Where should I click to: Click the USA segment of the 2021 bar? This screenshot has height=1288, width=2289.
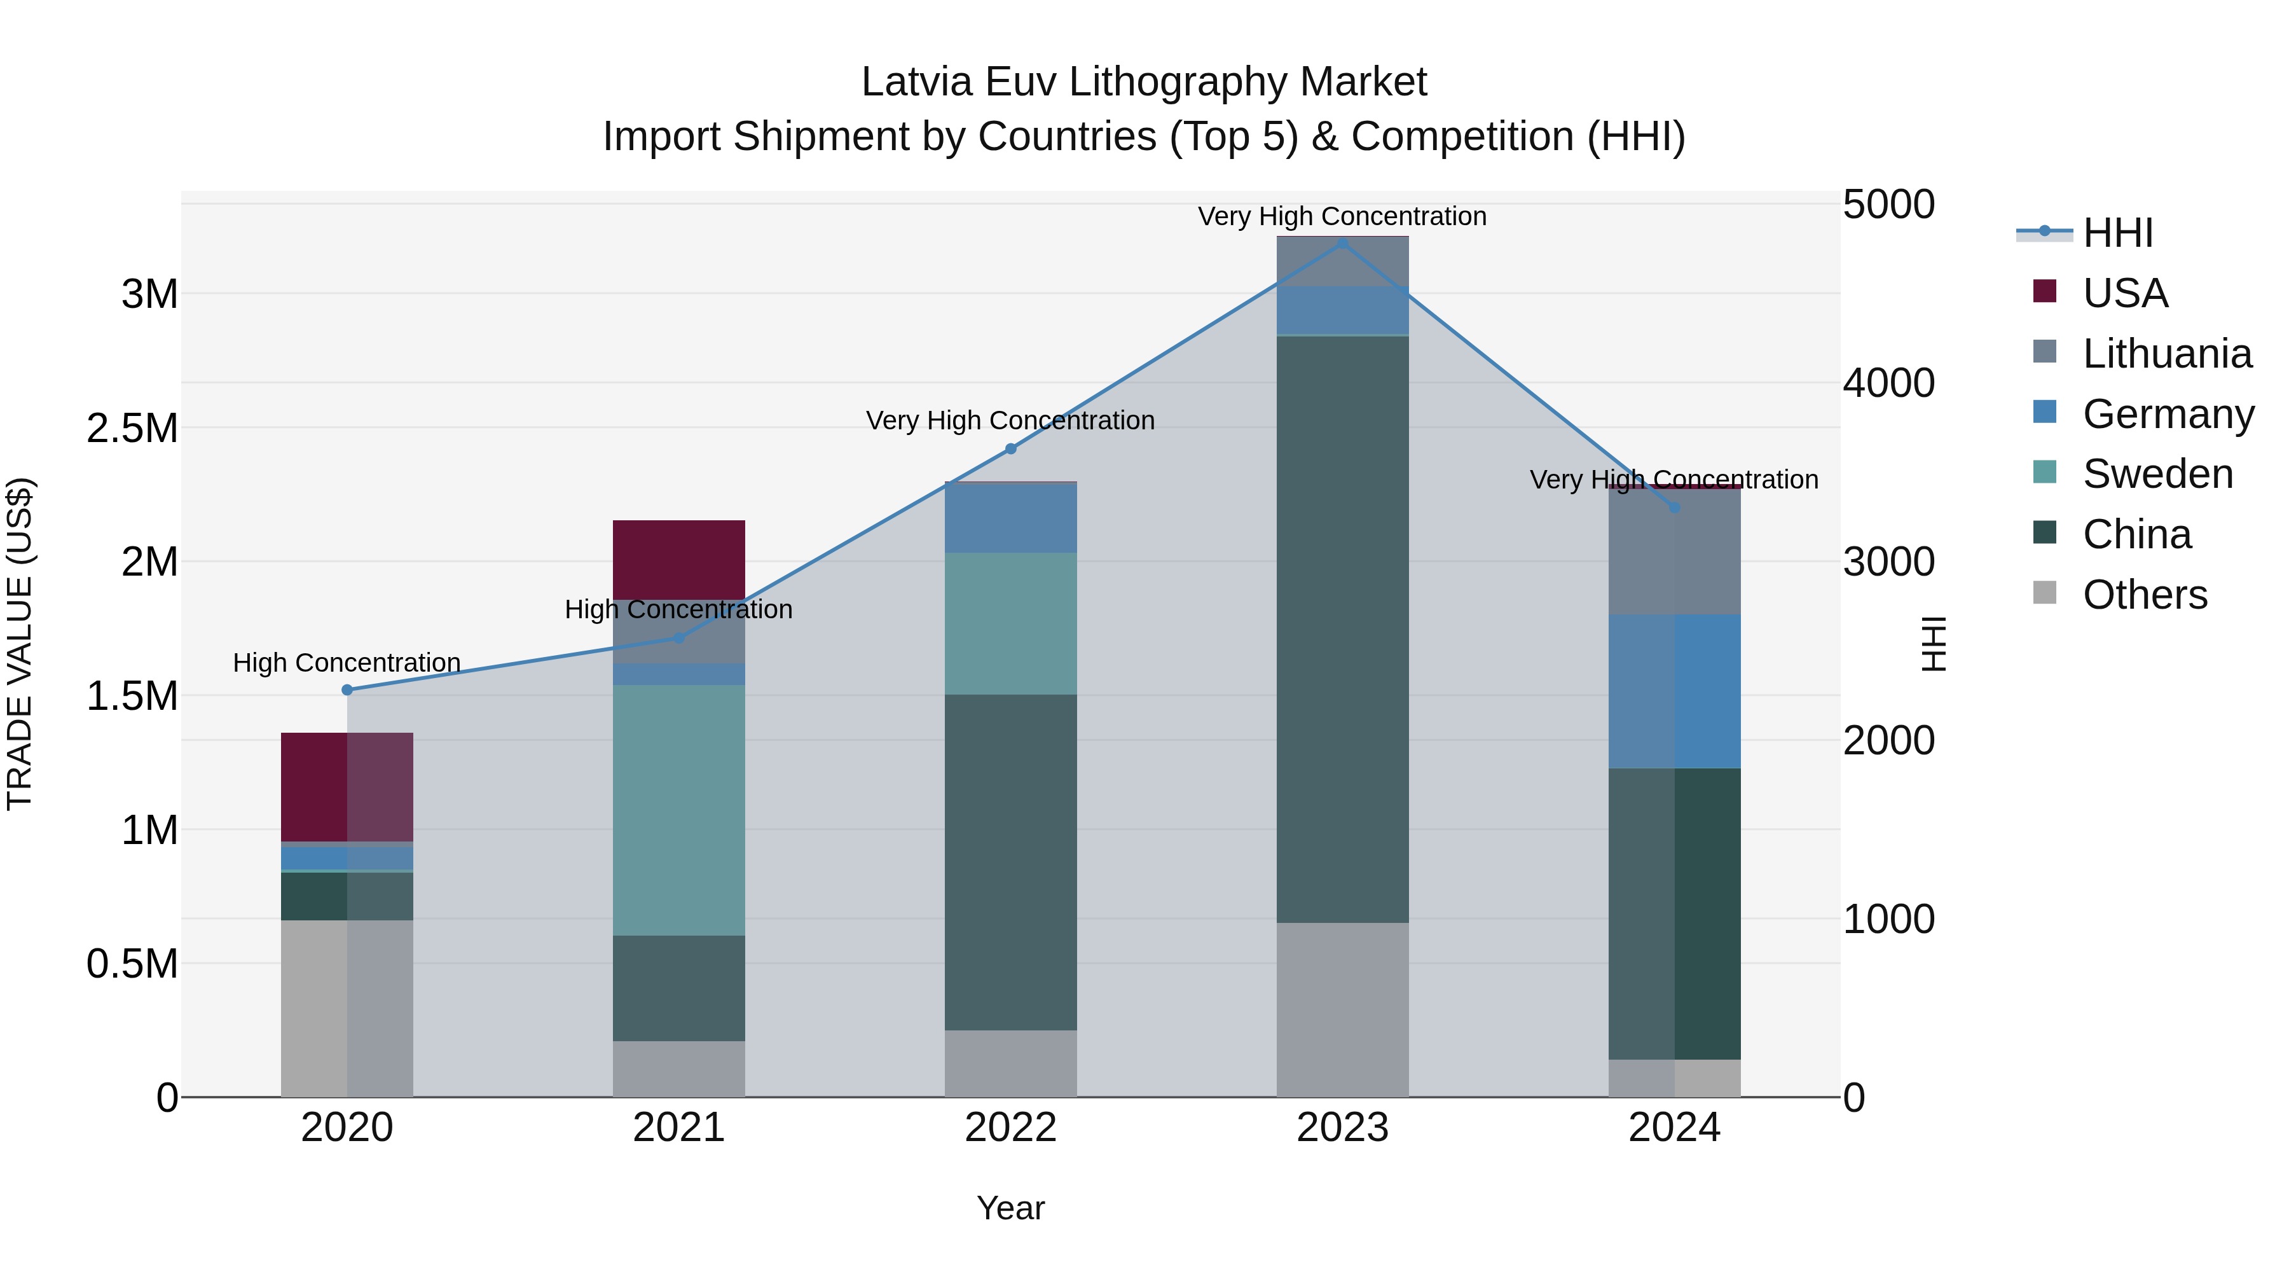click(x=679, y=559)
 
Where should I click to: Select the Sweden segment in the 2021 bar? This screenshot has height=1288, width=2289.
click(x=679, y=809)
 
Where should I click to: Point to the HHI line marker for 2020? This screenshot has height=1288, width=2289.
click(x=347, y=689)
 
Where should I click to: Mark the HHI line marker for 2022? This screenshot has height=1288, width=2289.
click(x=1010, y=449)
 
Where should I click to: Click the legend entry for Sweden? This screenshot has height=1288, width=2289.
click(x=2157, y=474)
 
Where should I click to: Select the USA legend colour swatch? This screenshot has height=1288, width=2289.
click(x=2045, y=291)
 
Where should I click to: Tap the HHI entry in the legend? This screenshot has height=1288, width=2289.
click(x=2117, y=233)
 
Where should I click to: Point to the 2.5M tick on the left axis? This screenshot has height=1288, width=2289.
click(x=132, y=429)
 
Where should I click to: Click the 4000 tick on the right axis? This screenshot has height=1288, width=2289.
click(x=1888, y=383)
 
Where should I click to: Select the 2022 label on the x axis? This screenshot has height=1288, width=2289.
click(x=1010, y=1128)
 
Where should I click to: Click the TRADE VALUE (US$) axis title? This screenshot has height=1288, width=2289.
click(x=20, y=644)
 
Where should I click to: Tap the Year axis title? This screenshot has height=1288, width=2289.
click(x=1010, y=1208)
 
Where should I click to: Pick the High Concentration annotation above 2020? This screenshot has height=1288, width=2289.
click(x=347, y=663)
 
